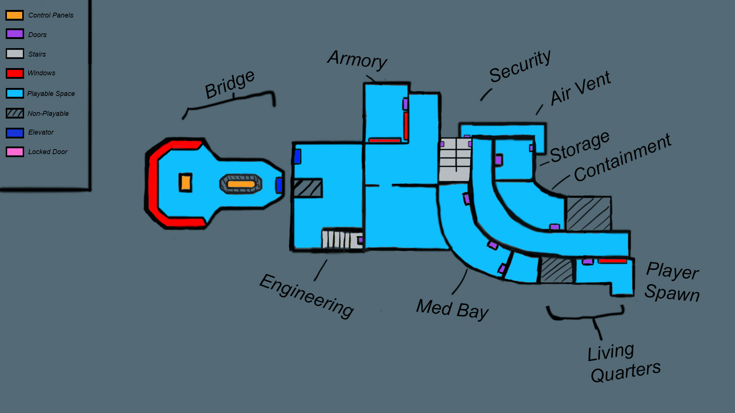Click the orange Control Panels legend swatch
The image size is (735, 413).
[x=15, y=15]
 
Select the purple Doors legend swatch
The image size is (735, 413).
[x=15, y=34]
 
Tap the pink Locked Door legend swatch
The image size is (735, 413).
[x=15, y=152]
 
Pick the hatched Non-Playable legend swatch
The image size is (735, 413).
[x=15, y=113]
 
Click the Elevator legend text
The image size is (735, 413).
[x=41, y=132]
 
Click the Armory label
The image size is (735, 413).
[x=357, y=60]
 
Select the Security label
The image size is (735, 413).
[x=519, y=66]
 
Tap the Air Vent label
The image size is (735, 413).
[x=580, y=88]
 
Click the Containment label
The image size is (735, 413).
[x=622, y=158]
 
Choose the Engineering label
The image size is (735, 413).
[x=306, y=296]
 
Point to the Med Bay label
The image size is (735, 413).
[x=452, y=309]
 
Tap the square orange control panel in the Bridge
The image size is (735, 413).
[x=186, y=182]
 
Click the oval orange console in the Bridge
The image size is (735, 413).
[x=241, y=184]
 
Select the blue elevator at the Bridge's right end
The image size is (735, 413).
[x=279, y=185]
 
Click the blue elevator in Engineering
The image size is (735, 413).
[x=297, y=156]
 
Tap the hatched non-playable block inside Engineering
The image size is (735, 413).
[x=307, y=188]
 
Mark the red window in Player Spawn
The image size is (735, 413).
[x=612, y=261]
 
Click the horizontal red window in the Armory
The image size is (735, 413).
[x=384, y=140]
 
